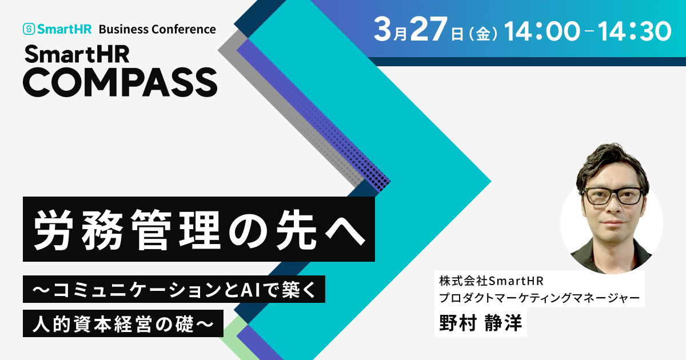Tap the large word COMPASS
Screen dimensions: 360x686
coord(120,82)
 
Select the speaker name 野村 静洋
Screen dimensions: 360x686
coord(480,323)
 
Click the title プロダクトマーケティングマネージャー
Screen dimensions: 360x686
coord(539,298)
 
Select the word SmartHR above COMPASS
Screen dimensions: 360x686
coord(77,54)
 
